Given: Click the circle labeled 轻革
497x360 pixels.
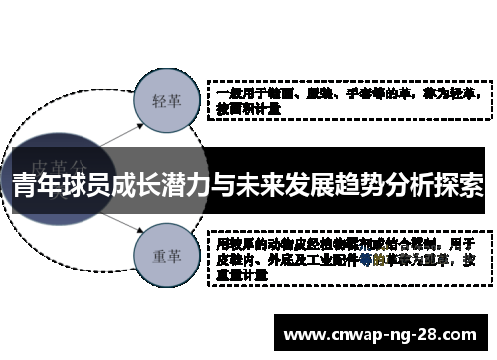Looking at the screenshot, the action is pos(165,101).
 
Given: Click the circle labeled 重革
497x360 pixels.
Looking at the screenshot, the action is pos(165,255).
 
